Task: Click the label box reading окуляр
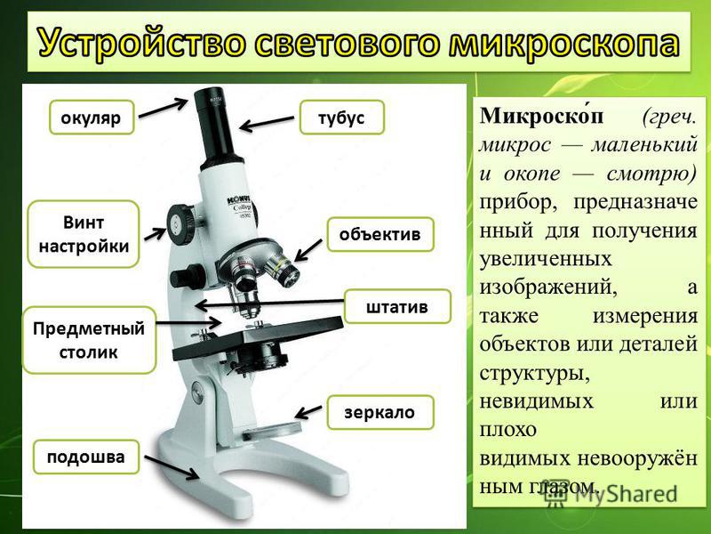point(92,117)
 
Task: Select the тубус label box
point(342,117)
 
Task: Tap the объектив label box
point(380,234)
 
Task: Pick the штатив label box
point(397,306)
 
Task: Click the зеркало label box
point(380,412)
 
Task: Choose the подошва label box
point(86,457)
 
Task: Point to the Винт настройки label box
point(84,234)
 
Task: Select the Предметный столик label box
point(89,340)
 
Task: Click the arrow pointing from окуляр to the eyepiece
point(163,109)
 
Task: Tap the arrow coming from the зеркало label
point(308,411)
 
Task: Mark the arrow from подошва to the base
point(172,467)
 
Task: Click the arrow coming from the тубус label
point(267,124)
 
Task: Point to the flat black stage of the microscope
point(258,338)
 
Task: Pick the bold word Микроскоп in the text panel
point(542,116)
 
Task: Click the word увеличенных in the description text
point(546,259)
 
